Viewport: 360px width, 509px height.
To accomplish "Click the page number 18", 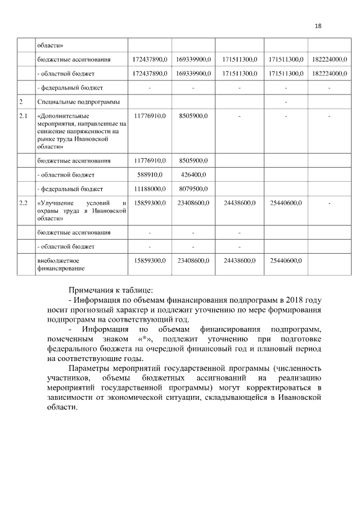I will click(x=318, y=26).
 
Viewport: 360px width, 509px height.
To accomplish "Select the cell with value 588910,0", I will click(x=150, y=174).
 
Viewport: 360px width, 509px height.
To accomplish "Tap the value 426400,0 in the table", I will click(x=193, y=174).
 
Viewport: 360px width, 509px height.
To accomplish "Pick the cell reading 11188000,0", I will click(x=150, y=189).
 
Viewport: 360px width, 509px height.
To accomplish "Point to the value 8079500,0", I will click(x=193, y=189).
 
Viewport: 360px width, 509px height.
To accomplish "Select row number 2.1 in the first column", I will click(x=23, y=116).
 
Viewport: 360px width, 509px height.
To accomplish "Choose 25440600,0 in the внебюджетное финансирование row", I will click(x=286, y=261).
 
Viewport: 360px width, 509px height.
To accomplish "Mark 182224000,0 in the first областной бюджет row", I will click(x=329, y=73).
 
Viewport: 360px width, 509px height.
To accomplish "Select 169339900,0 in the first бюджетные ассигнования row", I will click(x=193, y=59).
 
